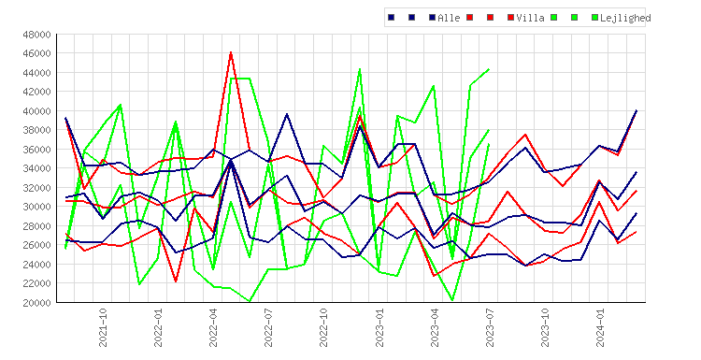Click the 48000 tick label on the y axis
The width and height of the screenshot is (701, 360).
(x=36, y=35)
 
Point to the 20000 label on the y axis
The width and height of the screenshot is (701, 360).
(x=36, y=303)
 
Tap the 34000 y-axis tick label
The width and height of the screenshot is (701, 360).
(x=36, y=168)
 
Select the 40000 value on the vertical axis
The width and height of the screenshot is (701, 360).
(x=36, y=111)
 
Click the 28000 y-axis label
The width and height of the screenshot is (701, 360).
(x=36, y=226)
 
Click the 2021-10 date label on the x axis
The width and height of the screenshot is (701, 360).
(x=103, y=327)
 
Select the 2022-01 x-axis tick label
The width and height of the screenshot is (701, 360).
(x=158, y=327)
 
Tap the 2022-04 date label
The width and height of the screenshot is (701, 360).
(x=213, y=327)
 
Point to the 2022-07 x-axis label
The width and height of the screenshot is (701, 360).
(x=268, y=327)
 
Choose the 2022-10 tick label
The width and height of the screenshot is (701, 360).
(x=323, y=327)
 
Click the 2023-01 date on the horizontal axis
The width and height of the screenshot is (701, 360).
(x=379, y=327)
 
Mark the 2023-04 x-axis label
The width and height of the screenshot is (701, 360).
(x=435, y=327)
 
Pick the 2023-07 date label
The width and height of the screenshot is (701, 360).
(x=490, y=327)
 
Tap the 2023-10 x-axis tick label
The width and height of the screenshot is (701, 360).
(x=545, y=327)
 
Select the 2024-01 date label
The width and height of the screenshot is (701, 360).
(x=600, y=327)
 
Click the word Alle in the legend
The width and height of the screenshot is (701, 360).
(x=449, y=18)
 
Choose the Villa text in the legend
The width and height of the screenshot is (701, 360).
(x=530, y=18)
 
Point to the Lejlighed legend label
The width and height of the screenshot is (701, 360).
(x=625, y=18)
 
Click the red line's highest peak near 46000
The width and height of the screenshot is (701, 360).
(x=231, y=52)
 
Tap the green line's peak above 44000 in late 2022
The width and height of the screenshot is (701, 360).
(x=360, y=69)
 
